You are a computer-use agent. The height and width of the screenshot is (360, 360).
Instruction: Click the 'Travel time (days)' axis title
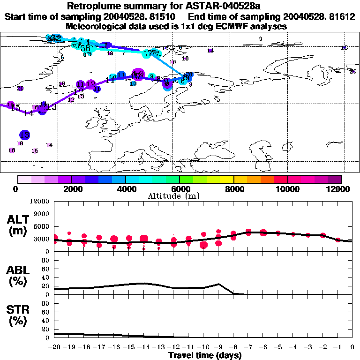coord(205,355)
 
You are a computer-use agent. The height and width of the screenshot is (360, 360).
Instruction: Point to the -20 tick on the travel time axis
coord(55,347)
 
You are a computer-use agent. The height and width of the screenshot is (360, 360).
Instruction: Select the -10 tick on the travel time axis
coord(203,347)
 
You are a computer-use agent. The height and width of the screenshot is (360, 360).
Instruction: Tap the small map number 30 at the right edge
coord(353,71)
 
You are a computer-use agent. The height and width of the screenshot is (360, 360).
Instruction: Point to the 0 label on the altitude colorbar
coord(17,189)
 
